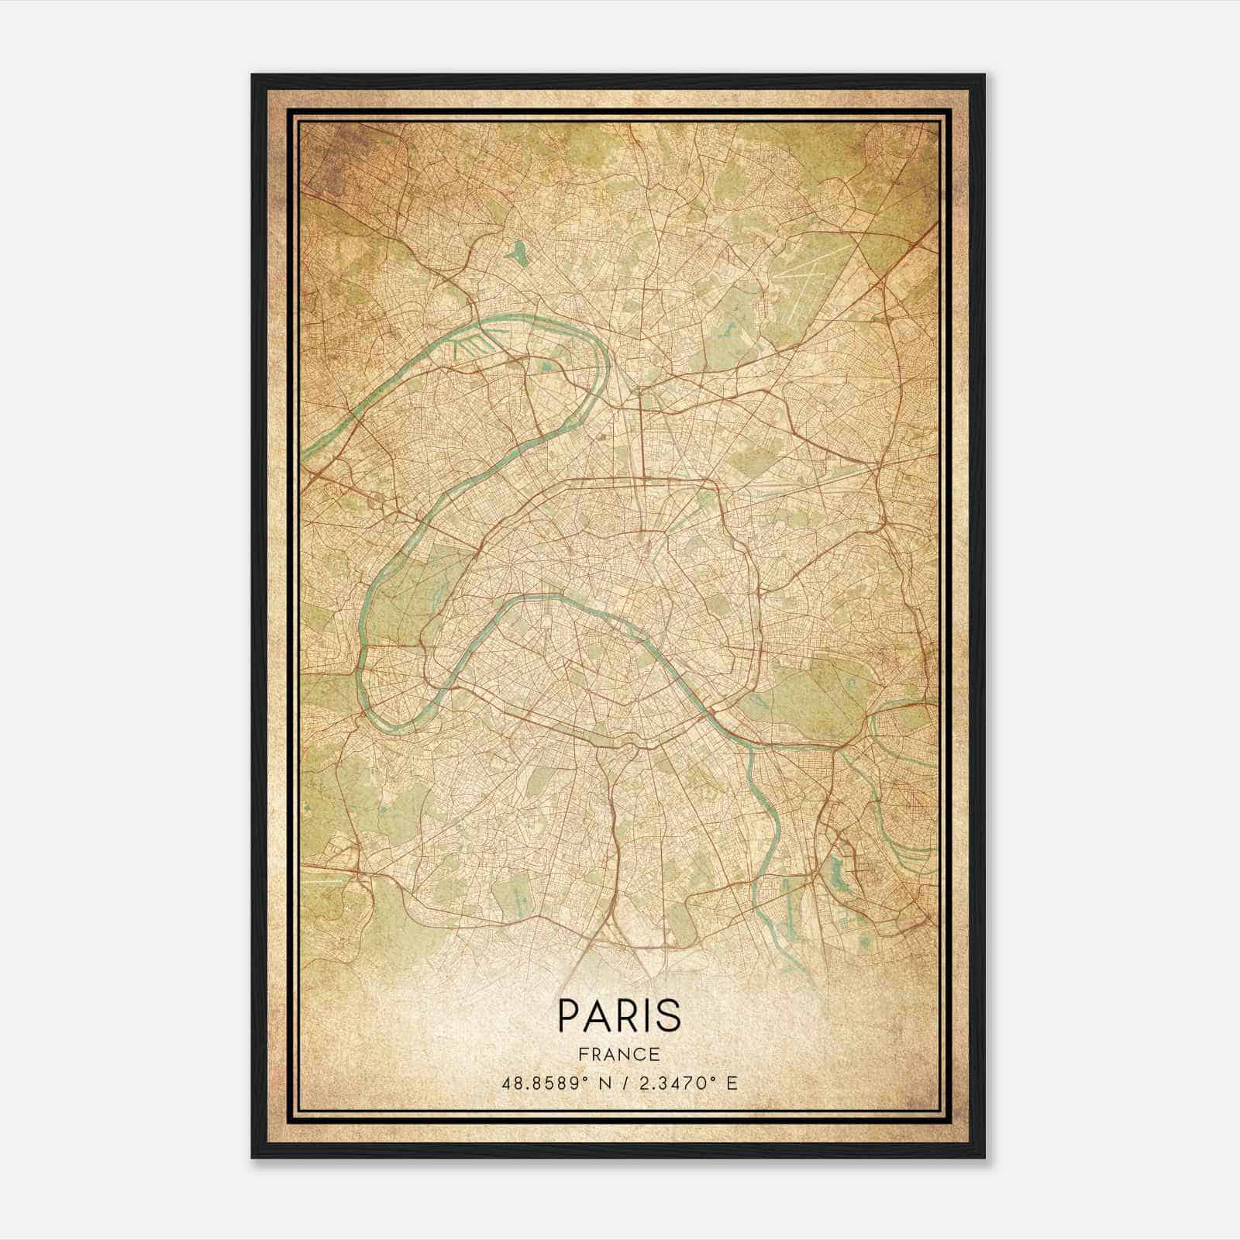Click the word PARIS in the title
click(619, 1015)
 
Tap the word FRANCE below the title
click(619, 1055)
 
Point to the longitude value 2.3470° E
click(684, 1083)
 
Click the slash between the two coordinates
click(621, 1083)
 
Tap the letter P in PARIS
click(567, 1015)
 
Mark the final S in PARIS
click(670, 1015)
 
